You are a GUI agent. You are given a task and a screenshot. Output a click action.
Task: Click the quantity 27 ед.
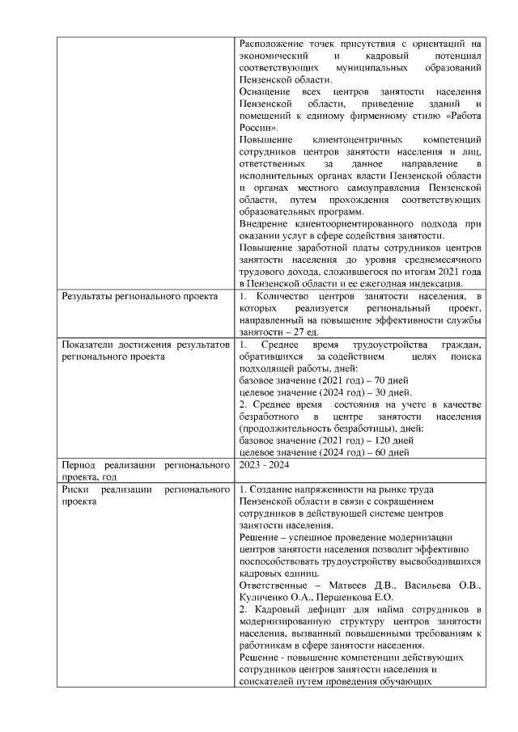(x=309, y=332)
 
